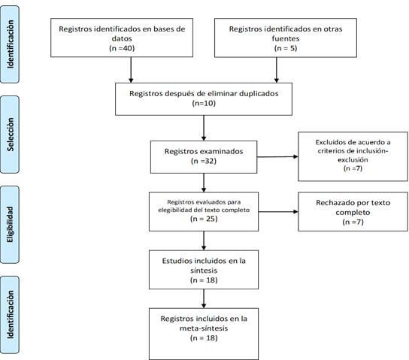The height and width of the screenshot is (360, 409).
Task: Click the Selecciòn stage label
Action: [11, 135]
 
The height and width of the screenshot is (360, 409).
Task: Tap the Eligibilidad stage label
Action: [10, 225]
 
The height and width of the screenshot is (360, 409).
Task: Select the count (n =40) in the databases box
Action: [122, 48]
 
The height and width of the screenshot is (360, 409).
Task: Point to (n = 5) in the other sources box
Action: [286, 48]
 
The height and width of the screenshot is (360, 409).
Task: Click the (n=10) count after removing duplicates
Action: [204, 103]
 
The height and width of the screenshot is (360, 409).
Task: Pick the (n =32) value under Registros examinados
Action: [204, 161]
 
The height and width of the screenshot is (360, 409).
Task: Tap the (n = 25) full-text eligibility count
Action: [204, 219]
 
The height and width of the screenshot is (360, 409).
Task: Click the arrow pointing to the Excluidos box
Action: [277, 156]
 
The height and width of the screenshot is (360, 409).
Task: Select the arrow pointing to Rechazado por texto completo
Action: [278, 212]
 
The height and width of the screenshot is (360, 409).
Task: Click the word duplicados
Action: [259, 94]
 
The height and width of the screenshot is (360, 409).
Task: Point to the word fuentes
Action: [286, 38]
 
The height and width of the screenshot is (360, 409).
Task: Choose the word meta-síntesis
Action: [204, 328]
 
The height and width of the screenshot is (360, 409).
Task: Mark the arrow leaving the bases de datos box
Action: [131, 70]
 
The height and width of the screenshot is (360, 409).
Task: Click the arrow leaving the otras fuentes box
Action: [277, 70]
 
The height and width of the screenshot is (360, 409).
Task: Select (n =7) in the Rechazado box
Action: [353, 222]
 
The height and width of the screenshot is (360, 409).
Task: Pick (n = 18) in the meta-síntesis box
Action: [204, 338]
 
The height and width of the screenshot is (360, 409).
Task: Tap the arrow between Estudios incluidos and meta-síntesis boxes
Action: [204, 298]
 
